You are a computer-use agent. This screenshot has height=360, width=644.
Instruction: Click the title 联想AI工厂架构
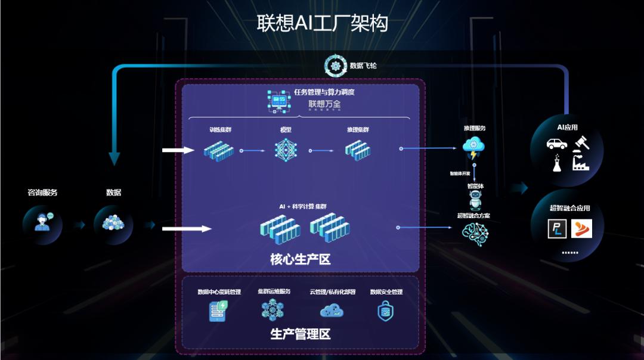[322, 23]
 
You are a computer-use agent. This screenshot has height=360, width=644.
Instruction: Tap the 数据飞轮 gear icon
[335, 66]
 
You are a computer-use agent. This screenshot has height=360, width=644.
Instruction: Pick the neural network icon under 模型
[286, 150]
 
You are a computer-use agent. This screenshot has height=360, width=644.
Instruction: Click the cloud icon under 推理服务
[473, 147]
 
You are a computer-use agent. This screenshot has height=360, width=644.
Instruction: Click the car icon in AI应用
[556, 144]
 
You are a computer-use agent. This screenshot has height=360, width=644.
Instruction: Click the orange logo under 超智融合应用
[581, 228]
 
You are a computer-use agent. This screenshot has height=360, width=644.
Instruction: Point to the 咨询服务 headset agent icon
[42, 221]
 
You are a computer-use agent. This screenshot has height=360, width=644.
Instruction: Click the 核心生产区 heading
[300, 259]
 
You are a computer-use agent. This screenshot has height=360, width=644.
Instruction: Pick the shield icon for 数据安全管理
[386, 311]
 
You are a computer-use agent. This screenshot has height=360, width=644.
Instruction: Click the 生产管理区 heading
[300, 334]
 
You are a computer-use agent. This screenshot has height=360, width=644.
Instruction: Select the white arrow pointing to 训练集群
[178, 150]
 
